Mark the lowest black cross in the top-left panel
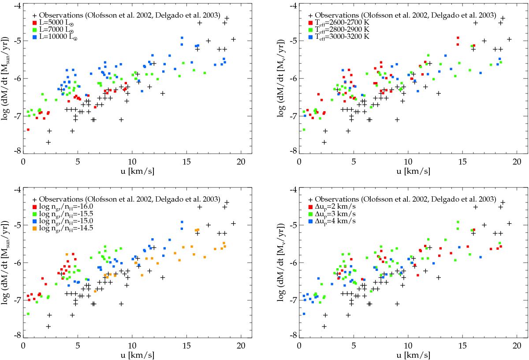[x=48, y=142]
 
